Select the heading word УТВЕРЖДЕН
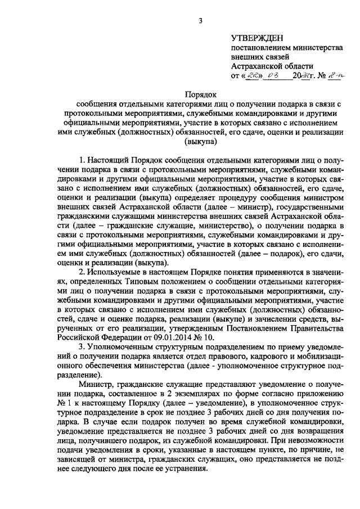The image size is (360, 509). pyautogui.click(x=259, y=38)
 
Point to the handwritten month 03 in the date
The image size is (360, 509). pyautogui.click(x=275, y=75)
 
